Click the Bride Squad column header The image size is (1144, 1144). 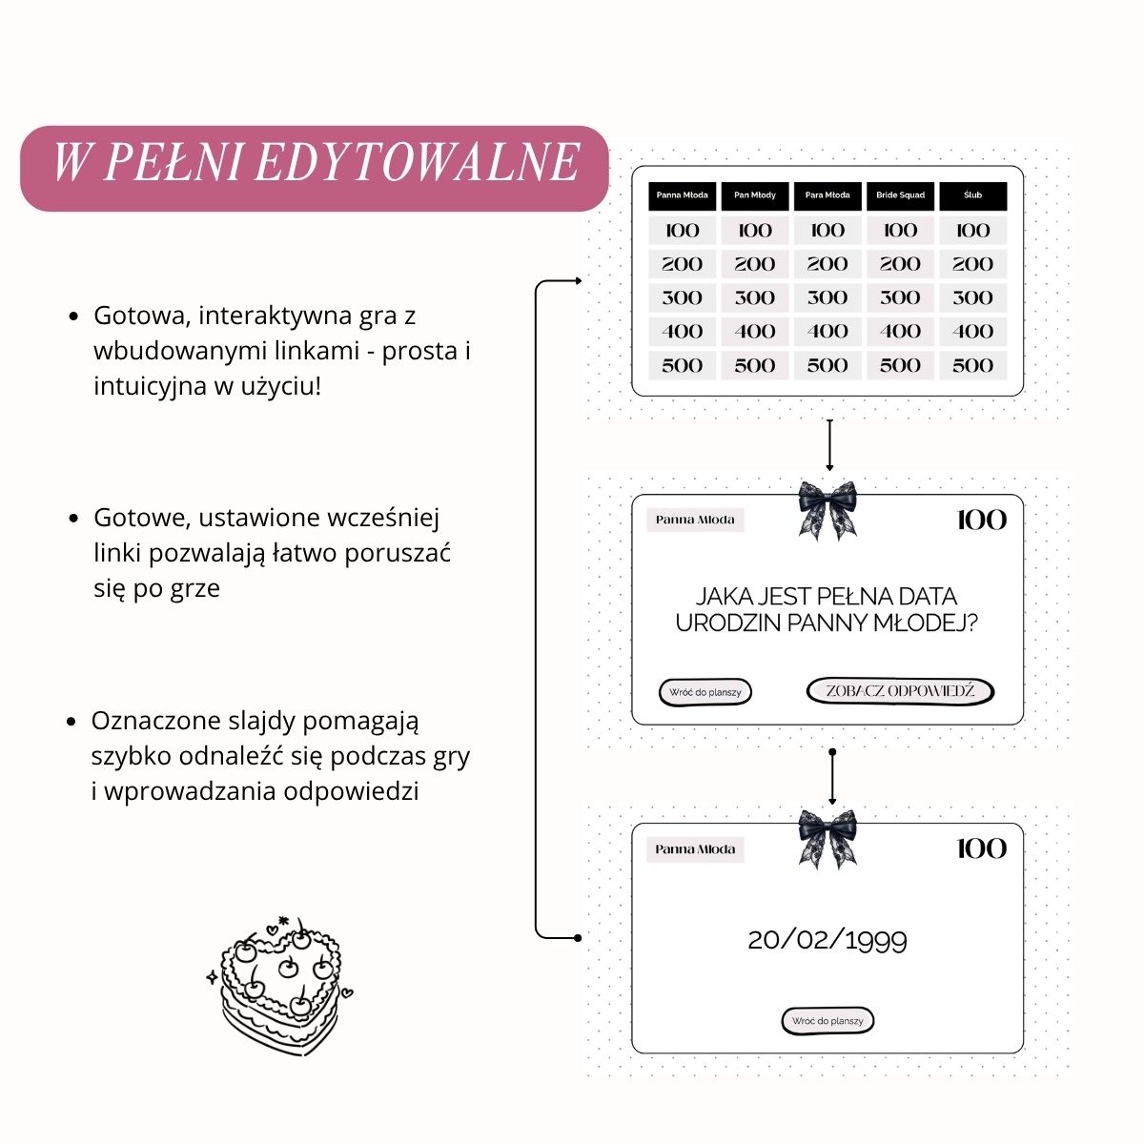(900, 196)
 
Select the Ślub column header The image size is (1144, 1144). (973, 196)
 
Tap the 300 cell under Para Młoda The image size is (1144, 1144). (827, 298)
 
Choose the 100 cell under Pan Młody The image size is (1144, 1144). (754, 231)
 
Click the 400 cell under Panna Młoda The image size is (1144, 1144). (683, 332)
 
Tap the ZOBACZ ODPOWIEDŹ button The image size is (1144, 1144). (900, 691)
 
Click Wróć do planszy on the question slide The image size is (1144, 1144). (705, 693)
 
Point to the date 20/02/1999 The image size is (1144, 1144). (827, 940)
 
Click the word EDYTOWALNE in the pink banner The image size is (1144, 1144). (418, 162)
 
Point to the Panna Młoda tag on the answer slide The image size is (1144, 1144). (695, 849)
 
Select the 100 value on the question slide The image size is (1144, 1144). (981, 521)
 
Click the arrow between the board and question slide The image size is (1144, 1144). (829, 445)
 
